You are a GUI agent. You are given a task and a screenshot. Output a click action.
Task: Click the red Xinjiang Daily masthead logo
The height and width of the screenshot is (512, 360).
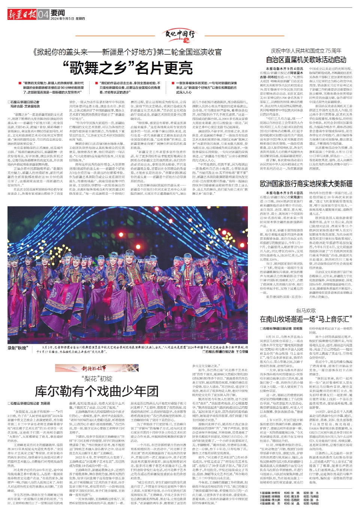pos(22,14)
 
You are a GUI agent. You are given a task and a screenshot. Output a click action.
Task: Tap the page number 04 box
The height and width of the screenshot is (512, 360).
pos(43,15)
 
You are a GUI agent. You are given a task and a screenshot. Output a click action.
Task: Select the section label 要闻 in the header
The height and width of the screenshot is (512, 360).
pos(58,13)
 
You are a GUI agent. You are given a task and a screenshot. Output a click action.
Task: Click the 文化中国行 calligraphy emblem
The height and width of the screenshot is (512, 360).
pos(180,35)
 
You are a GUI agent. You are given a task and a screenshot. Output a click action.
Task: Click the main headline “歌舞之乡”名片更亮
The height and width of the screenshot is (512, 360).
pos(128,68)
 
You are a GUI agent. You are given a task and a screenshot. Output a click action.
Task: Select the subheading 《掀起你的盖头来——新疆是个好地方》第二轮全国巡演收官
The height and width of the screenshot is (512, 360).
pos(127,52)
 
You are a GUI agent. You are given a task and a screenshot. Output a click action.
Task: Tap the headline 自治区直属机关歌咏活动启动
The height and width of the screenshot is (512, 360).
pos(306,59)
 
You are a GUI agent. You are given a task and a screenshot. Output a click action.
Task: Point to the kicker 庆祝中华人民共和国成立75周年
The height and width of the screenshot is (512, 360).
pos(306,51)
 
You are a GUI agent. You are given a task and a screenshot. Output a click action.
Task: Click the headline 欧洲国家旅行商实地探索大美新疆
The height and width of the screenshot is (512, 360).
pos(306,184)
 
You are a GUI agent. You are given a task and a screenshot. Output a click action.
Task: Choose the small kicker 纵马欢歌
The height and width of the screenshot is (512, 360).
pos(306,310)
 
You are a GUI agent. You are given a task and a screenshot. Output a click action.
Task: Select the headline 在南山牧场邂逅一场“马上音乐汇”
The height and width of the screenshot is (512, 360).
pos(306,319)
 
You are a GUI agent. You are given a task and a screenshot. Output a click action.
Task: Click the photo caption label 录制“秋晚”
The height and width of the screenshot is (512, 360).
pos(18,348)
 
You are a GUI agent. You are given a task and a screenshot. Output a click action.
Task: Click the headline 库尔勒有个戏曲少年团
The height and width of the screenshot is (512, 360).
pos(97,391)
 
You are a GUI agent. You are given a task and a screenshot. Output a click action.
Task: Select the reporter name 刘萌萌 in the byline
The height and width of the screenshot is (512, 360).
pos(45,404)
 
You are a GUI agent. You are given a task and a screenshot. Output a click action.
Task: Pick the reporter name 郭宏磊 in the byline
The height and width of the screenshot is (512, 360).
pos(298,328)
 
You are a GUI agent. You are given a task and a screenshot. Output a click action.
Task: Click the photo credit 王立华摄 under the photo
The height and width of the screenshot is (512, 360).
pos(242,352)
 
